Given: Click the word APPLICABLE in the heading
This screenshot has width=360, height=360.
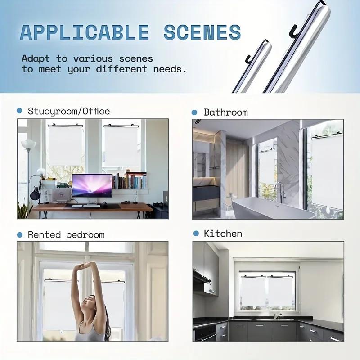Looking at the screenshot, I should [x=85, y=32].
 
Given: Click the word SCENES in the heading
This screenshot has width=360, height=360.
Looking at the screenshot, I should [x=202, y=32].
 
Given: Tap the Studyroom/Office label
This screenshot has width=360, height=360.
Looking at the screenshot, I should [x=68, y=111].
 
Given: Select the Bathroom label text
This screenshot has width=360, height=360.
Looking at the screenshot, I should [x=225, y=112].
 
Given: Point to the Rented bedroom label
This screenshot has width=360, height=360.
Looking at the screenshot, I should [x=66, y=234].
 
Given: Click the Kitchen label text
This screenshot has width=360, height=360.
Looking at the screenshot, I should [x=223, y=234].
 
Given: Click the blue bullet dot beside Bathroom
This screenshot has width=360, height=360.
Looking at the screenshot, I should [x=194, y=112].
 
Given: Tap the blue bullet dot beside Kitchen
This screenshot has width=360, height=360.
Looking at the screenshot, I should [x=196, y=234].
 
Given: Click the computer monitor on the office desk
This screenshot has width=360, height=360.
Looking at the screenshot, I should [x=92, y=187].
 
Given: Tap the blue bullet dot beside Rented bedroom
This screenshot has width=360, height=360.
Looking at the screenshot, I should [x=19, y=234].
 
